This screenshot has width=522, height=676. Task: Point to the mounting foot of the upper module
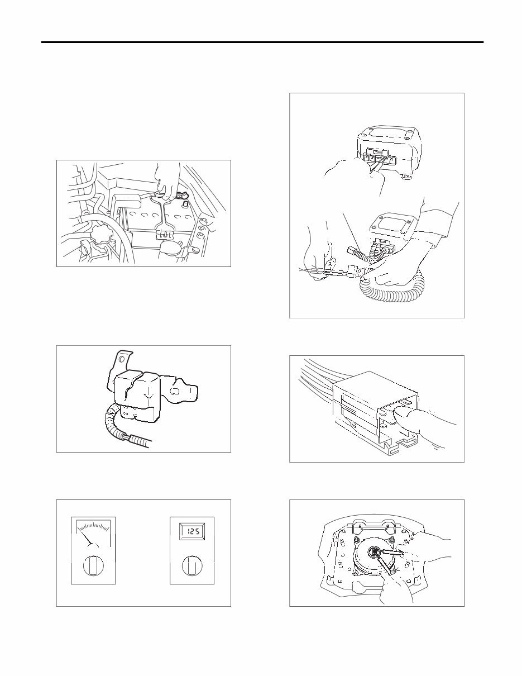click(407, 178)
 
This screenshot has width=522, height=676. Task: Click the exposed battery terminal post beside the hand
click(180, 196)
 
